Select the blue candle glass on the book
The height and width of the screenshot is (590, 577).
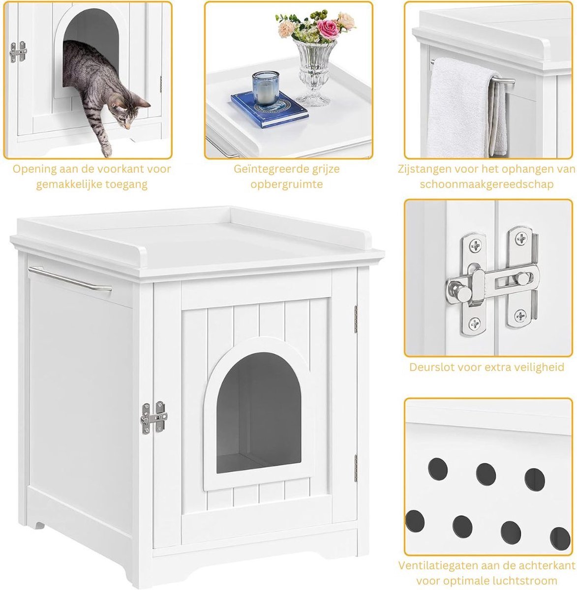pyautogui.click(x=266, y=88)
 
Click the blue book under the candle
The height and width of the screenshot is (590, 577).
pyautogui.click(x=270, y=109)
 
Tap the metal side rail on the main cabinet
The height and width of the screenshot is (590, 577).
pyautogui.click(x=70, y=278)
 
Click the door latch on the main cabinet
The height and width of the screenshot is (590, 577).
pyautogui.click(x=154, y=417)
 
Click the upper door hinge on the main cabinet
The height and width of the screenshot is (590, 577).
pyautogui.click(x=356, y=319)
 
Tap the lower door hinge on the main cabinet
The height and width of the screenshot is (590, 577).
pyautogui.click(x=356, y=468)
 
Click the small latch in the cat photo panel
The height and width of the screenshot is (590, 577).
pyautogui.click(x=18, y=52)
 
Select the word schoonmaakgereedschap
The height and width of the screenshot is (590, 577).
pyautogui.click(x=486, y=184)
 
